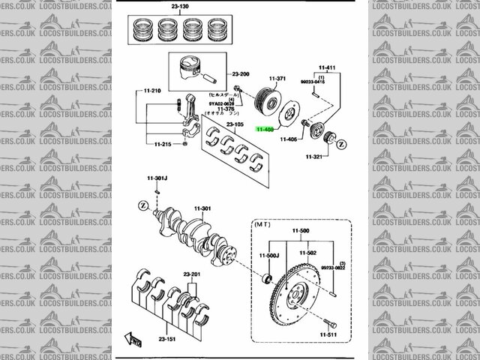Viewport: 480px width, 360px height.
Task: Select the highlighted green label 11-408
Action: coord(265,129)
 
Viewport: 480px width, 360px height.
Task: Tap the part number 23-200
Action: coord(241,74)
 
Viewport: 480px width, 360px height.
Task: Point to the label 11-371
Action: coord(277,79)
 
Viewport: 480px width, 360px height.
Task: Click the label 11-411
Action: coord(328,67)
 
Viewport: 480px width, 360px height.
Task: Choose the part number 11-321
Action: coord(315,157)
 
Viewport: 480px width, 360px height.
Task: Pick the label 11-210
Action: coord(152,91)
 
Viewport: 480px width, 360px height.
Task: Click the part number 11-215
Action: coord(163,144)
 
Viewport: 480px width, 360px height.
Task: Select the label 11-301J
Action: coord(157,178)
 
